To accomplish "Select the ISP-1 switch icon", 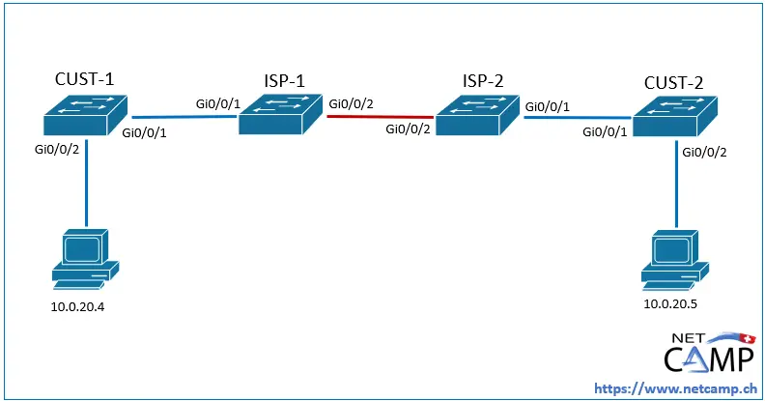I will (x=283, y=114).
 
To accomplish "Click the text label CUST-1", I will (x=86, y=79).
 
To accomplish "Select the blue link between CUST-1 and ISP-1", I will (x=184, y=118).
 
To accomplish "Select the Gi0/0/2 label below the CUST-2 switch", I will (x=704, y=152).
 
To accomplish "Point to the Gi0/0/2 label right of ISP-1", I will (x=352, y=102).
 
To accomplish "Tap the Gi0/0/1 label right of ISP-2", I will (x=547, y=103).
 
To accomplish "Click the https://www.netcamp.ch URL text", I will (x=673, y=387).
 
